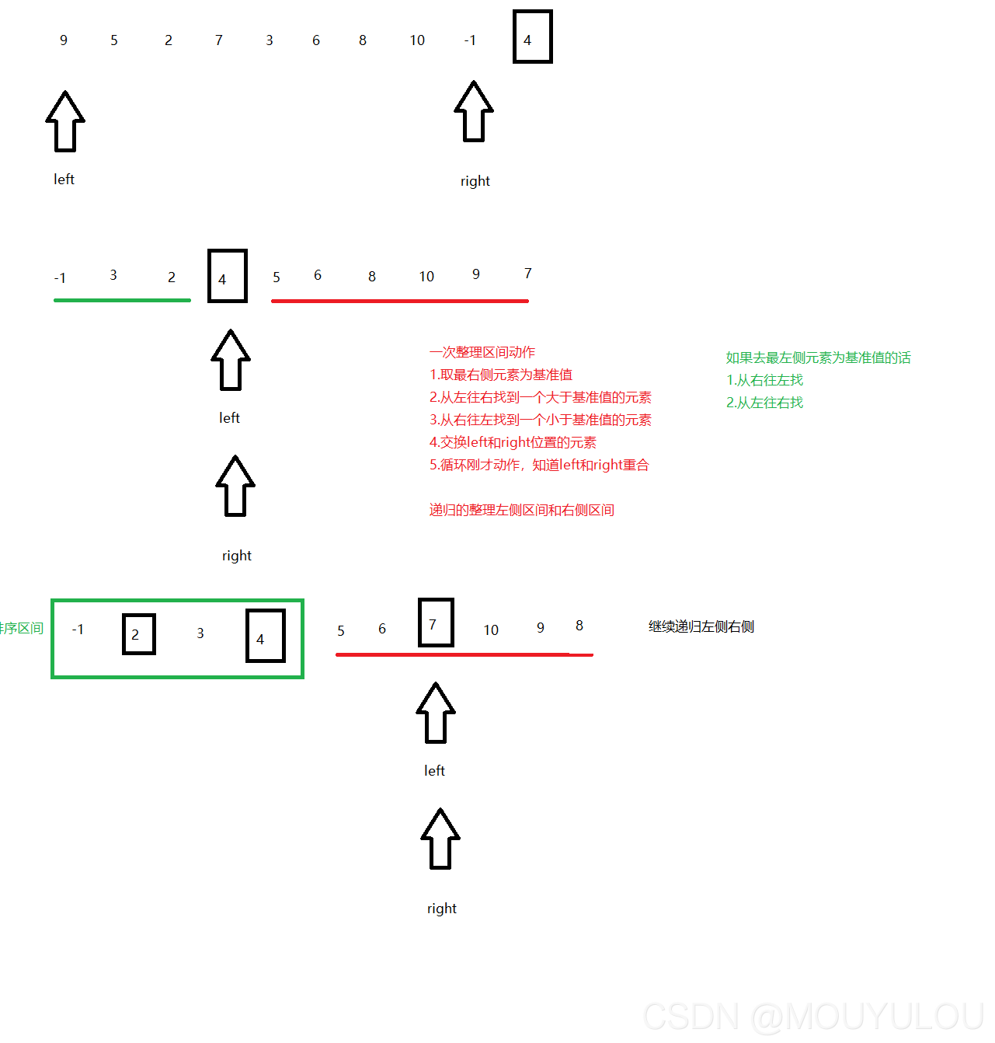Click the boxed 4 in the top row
[x=532, y=37]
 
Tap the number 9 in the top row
[x=64, y=40]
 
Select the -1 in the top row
[x=470, y=40]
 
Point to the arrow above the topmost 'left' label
[x=65, y=122]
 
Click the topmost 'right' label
[x=475, y=181]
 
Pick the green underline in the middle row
[x=122, y=300]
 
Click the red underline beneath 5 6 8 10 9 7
[x=399, y=301]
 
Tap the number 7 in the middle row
[x=528, y=274]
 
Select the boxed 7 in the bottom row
[x=435, y=623]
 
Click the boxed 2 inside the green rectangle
[x=138, y=634]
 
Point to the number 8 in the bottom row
[x=579, y=626]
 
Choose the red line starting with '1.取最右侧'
[x=501, y=375]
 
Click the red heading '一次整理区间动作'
[x=482, y=352]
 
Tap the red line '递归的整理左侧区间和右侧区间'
[x=522, y=510]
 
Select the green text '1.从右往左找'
[x=765, y=380]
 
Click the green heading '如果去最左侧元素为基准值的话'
[x=819, y=358]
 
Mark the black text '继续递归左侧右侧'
[x=701, y=626]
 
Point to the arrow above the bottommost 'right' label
[x=440, y=839]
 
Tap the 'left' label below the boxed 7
[x=434, y=771]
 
